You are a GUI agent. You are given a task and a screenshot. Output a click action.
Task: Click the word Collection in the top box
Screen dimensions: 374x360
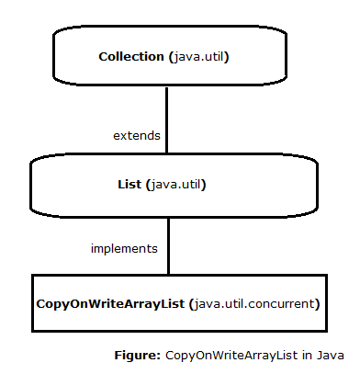tap(131, 57)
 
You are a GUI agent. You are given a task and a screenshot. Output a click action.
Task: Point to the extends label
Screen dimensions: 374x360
tap(137, 135)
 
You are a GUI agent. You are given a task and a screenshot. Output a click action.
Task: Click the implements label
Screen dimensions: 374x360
tap(124, 248)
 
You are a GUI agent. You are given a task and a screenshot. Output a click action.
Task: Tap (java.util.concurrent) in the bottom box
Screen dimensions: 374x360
tap(257, 301)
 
